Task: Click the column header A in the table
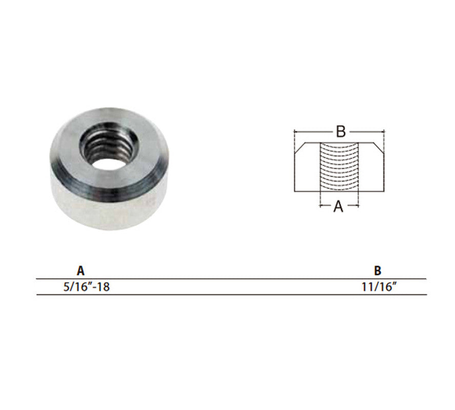pos(81,271)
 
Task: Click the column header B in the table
pos(378,271)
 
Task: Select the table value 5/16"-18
pos(87,287)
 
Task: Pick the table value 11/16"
pos(379,287)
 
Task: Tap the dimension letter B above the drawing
pos(341,131)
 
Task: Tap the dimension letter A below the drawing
pos(339,207)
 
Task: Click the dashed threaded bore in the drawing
pos(339,167)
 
